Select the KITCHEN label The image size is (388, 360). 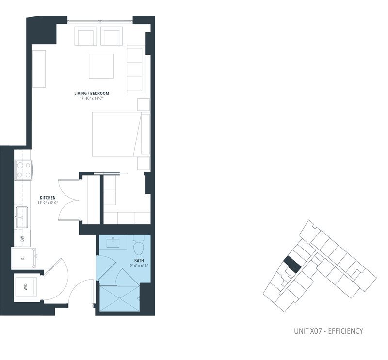pyautogui.click(x=48, y=198)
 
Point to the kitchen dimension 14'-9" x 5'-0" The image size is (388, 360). pyautogui.click(x=48, y=203)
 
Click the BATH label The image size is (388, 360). pyautogui.click(x=139, y=260)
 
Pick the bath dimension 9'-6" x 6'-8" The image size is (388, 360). pyautogui.click(x=139, y=266)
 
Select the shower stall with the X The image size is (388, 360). pyautogui.click(x=119, y=297)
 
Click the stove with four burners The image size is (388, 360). pyautogui.click(x=23, y=169)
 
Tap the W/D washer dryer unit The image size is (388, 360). pyautogui.click(x=26, y=287)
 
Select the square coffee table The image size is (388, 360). pyautogui.click(x=101, y=66)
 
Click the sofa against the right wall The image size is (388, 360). pyautogui.click(x=135, y=69)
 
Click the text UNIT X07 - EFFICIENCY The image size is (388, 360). pyautogui.click(x=328, y=331)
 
